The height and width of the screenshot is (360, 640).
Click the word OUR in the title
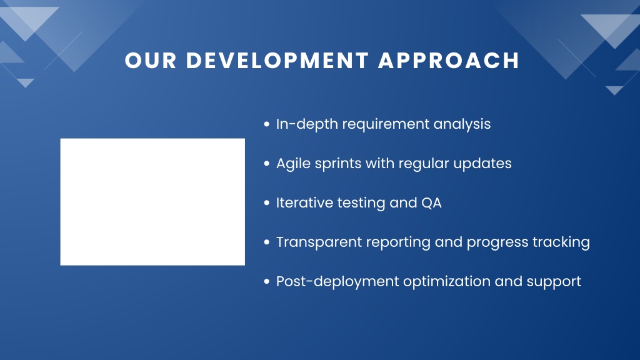tap(151, 61)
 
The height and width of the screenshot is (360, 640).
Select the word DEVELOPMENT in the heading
tap(277, 61)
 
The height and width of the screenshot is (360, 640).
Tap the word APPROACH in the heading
tap(449, 61)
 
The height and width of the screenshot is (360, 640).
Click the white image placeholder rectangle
tap(152, 202)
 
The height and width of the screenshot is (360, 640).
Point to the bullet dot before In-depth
tap(267, 124)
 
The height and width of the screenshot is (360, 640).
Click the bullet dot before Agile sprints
tap(267, 164)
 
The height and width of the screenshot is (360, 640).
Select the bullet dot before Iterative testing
tap(267, 203)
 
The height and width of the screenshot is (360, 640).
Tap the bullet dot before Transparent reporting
tap(267, 242)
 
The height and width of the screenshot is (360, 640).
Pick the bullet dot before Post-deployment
tap(267, 282)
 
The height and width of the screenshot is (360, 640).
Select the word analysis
tap(462, 124)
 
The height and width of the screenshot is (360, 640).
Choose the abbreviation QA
tap(431, 203)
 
